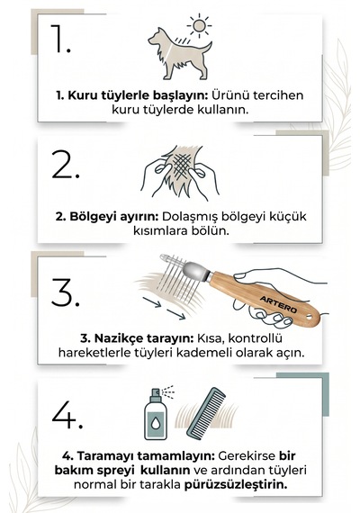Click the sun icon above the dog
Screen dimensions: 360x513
(199, 25)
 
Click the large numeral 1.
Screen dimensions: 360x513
(60, 39)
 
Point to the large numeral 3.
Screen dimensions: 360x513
(66, 292)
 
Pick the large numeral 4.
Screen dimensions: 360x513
(67, 415)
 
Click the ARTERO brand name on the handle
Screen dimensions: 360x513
(278, 304)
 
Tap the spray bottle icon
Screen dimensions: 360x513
(156, 414)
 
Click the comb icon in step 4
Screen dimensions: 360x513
(206, 413)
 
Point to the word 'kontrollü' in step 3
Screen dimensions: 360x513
(256, 338)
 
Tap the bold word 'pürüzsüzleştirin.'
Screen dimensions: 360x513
(236, 484)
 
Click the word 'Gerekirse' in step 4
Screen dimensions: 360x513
(247, 455)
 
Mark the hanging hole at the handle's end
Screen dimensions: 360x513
(309, 318)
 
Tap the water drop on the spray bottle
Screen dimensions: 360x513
(155, 424)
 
